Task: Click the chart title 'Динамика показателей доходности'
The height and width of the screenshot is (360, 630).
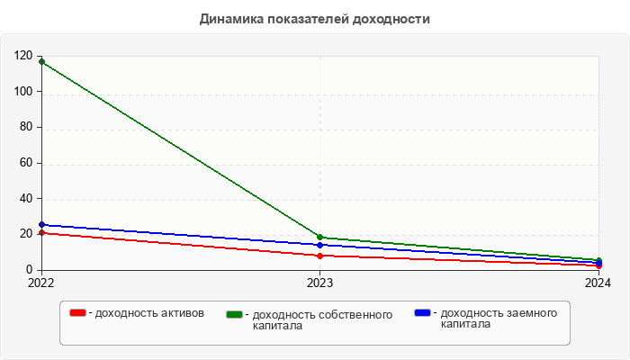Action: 314,19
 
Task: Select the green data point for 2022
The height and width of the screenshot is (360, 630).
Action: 41,62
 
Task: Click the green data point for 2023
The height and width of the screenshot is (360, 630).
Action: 320,238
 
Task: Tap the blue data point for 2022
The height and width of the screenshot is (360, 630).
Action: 41,225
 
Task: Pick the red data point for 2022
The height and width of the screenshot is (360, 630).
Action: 41,233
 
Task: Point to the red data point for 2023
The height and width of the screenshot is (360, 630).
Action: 320,256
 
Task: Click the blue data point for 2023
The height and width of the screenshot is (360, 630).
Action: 320,245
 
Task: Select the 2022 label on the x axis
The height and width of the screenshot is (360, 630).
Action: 41,283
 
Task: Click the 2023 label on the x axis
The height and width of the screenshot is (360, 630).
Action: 320,283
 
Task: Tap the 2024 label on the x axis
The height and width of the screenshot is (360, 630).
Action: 598,283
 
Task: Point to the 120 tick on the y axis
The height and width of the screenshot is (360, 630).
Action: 23,56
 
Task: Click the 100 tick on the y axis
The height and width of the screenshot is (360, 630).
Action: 23,92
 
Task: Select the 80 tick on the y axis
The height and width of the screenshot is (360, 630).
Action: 26,128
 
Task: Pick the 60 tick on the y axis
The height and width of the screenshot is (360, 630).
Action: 26,163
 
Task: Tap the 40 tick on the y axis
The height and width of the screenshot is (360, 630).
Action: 26,199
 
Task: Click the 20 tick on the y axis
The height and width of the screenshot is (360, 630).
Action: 26,234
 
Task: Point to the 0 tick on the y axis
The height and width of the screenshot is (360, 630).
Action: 30,270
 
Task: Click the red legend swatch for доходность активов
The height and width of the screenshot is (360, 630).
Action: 78,313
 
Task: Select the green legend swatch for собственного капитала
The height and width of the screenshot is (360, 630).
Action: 235,314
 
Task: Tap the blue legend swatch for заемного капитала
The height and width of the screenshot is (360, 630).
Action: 423,313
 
